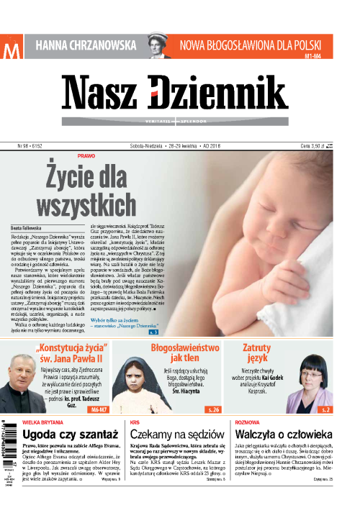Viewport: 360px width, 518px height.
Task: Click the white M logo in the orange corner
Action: (11, 51)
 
